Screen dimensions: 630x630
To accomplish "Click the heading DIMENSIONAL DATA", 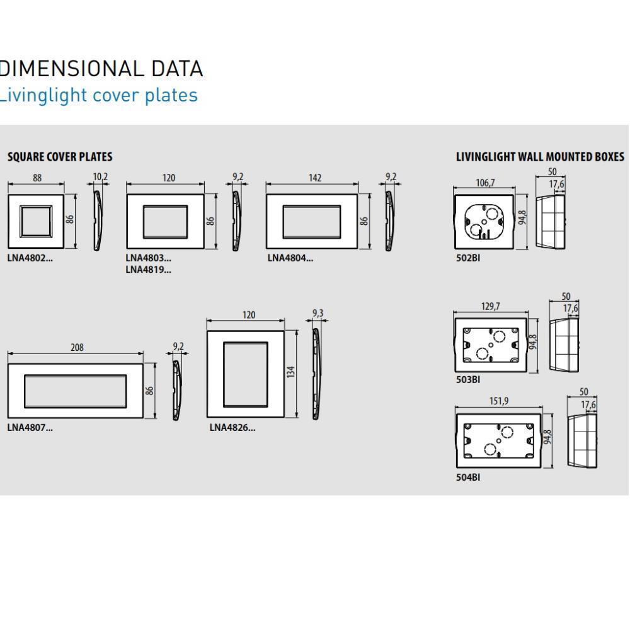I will click(101, 69).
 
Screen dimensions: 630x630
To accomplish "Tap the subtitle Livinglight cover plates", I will click(98, 95).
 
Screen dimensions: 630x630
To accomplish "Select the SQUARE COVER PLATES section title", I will click(60, 157).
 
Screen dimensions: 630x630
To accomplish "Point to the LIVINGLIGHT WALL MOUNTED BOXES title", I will click(540, 157).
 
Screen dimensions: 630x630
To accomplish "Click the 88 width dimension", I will click(37, 178).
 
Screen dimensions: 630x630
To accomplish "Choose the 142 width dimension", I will click(314, 178).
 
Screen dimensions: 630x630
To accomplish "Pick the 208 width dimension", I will click(77, 347).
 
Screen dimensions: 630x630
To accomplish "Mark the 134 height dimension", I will click(291, 372).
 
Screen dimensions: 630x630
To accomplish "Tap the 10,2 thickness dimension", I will click(100, 177).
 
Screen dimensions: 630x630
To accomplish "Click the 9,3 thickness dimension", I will click(319, 313).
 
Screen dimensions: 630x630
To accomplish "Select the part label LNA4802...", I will click(30, 258).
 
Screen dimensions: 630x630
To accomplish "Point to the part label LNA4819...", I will click(148, 270).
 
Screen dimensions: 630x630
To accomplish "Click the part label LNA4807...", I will click(30, 428).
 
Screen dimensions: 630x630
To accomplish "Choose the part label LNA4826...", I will click(232, 428).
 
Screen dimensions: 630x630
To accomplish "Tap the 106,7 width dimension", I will click(484, 183).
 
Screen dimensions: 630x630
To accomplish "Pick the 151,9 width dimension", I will click(498, 401).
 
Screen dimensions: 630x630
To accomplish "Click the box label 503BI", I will click(467, 379).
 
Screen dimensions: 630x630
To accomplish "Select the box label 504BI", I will click(467, 477).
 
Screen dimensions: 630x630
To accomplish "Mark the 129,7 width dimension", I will click(490, 307).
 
